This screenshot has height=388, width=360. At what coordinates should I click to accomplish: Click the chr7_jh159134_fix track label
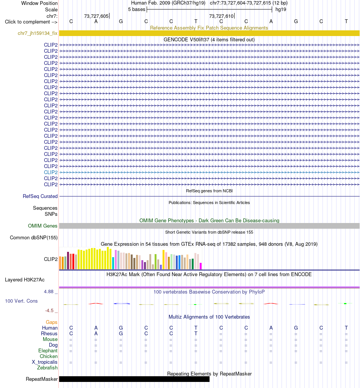(x=38, y=33)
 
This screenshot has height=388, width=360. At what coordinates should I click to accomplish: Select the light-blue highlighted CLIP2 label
(x=51, y=172)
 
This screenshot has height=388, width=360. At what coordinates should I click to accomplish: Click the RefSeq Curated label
(x=40, y=196)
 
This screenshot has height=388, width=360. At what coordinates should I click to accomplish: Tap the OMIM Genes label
(x=42, y=226)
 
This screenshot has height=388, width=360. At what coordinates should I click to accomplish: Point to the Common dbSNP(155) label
(x=34, y=237)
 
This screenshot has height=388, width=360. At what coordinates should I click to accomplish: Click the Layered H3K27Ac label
(x=25, y=280)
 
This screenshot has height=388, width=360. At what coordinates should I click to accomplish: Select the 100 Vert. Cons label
(x=21, y=301)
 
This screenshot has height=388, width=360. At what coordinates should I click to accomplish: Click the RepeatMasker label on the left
(x=42, y=379)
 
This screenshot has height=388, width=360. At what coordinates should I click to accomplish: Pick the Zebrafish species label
(x=47, y=368)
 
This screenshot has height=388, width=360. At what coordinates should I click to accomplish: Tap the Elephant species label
(x=48, y=350)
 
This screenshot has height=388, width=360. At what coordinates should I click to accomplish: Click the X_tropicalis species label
(x=44, y=362)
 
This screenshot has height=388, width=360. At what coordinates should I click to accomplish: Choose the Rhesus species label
(x=49, y=333)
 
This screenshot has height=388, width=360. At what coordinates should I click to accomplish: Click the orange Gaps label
(x=52, y=322)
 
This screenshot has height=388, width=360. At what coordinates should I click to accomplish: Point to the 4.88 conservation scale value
(x=49, y=292)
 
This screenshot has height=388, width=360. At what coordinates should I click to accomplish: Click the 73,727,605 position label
(x=96, y=16)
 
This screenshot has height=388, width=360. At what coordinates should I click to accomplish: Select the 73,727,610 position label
(x=221, y=16)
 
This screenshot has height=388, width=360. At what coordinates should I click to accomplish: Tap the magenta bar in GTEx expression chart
(x=201, y=266)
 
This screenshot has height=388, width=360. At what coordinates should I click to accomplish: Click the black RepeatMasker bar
(x=134, y=379)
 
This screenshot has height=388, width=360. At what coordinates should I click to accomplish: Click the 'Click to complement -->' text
(x=31, y=22)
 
